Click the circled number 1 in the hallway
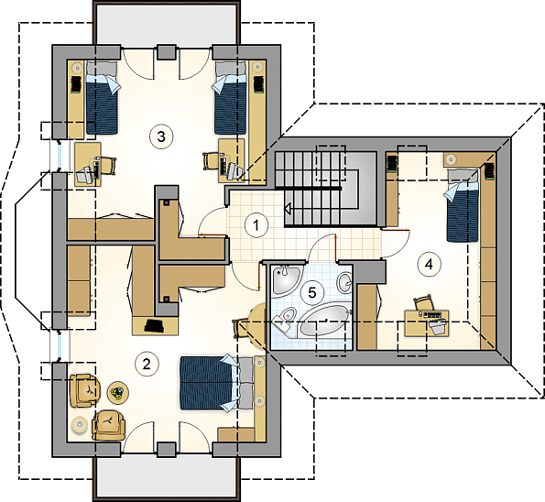(x=256, y=225)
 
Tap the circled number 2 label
(x=147, y=364)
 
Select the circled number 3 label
(x=161, y=137)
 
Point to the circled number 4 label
(x=429, y=265)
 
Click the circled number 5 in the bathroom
(x=312, y=292)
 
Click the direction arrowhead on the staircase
(x=289, y=209)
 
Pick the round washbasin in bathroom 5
(x=344, y=282)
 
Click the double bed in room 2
(x=215, y=383)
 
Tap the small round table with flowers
(x=118, y=392)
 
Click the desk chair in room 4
(x=423, y=303)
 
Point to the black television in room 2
(x=155, y=326)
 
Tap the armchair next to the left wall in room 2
(x=85, y=390)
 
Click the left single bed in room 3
(x=102, y=98)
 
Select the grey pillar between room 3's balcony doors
(x=166, y=52)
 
